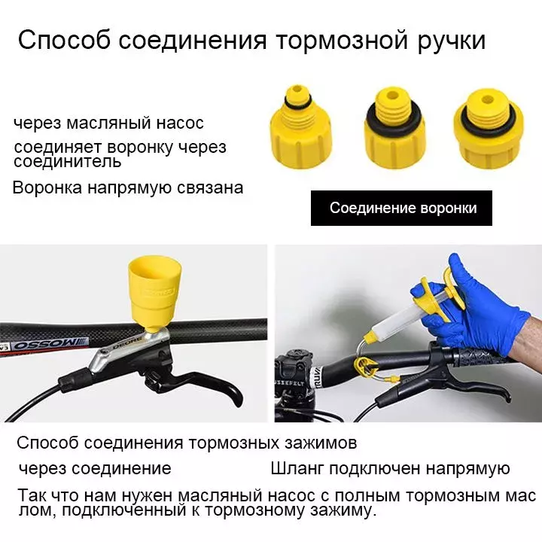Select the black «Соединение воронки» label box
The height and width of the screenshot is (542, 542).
pyautogui.click(x=401, y=208)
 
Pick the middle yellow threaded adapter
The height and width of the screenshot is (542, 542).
pyautogui.click(x=393, y=127)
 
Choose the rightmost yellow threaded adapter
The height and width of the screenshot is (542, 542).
pyautogui.click(x=489, y=129)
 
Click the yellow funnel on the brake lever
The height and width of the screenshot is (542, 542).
pyautogui.click(x=154, y=293)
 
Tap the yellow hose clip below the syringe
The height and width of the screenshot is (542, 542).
pyautogui.click(x=365, y=367)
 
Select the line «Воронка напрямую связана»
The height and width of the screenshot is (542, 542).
pyautogui.click(x=128, y=187)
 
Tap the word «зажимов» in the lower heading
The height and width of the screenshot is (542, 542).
pyautogui.click(x=321, y=443)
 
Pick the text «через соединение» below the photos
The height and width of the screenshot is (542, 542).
pyautogui.click(x=95, y=469)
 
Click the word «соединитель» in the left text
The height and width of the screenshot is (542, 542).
pyautogui.click(x=68, y=162)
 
